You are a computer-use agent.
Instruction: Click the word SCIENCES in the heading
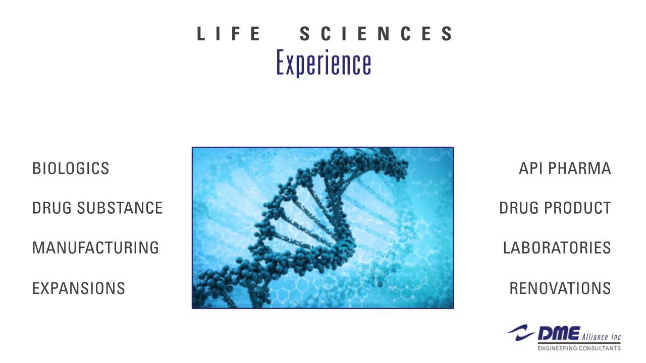coord(376,34)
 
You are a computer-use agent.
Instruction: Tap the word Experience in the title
coord(324,63)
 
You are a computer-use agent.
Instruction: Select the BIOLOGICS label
coord(71,168)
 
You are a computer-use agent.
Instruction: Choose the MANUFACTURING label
coord(95,248)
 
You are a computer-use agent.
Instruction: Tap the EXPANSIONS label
coord(78,288)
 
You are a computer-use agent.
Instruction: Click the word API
coord(530,168)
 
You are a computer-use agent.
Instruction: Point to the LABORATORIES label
coord(557,248)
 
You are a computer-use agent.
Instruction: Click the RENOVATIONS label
coord(560,288)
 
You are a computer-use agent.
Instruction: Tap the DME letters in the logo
coord(558,333)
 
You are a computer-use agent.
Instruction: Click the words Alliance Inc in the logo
coord(601,337)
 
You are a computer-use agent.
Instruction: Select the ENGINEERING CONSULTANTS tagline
coord(579,348)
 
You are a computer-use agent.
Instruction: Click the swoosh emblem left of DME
coord(521,332)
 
